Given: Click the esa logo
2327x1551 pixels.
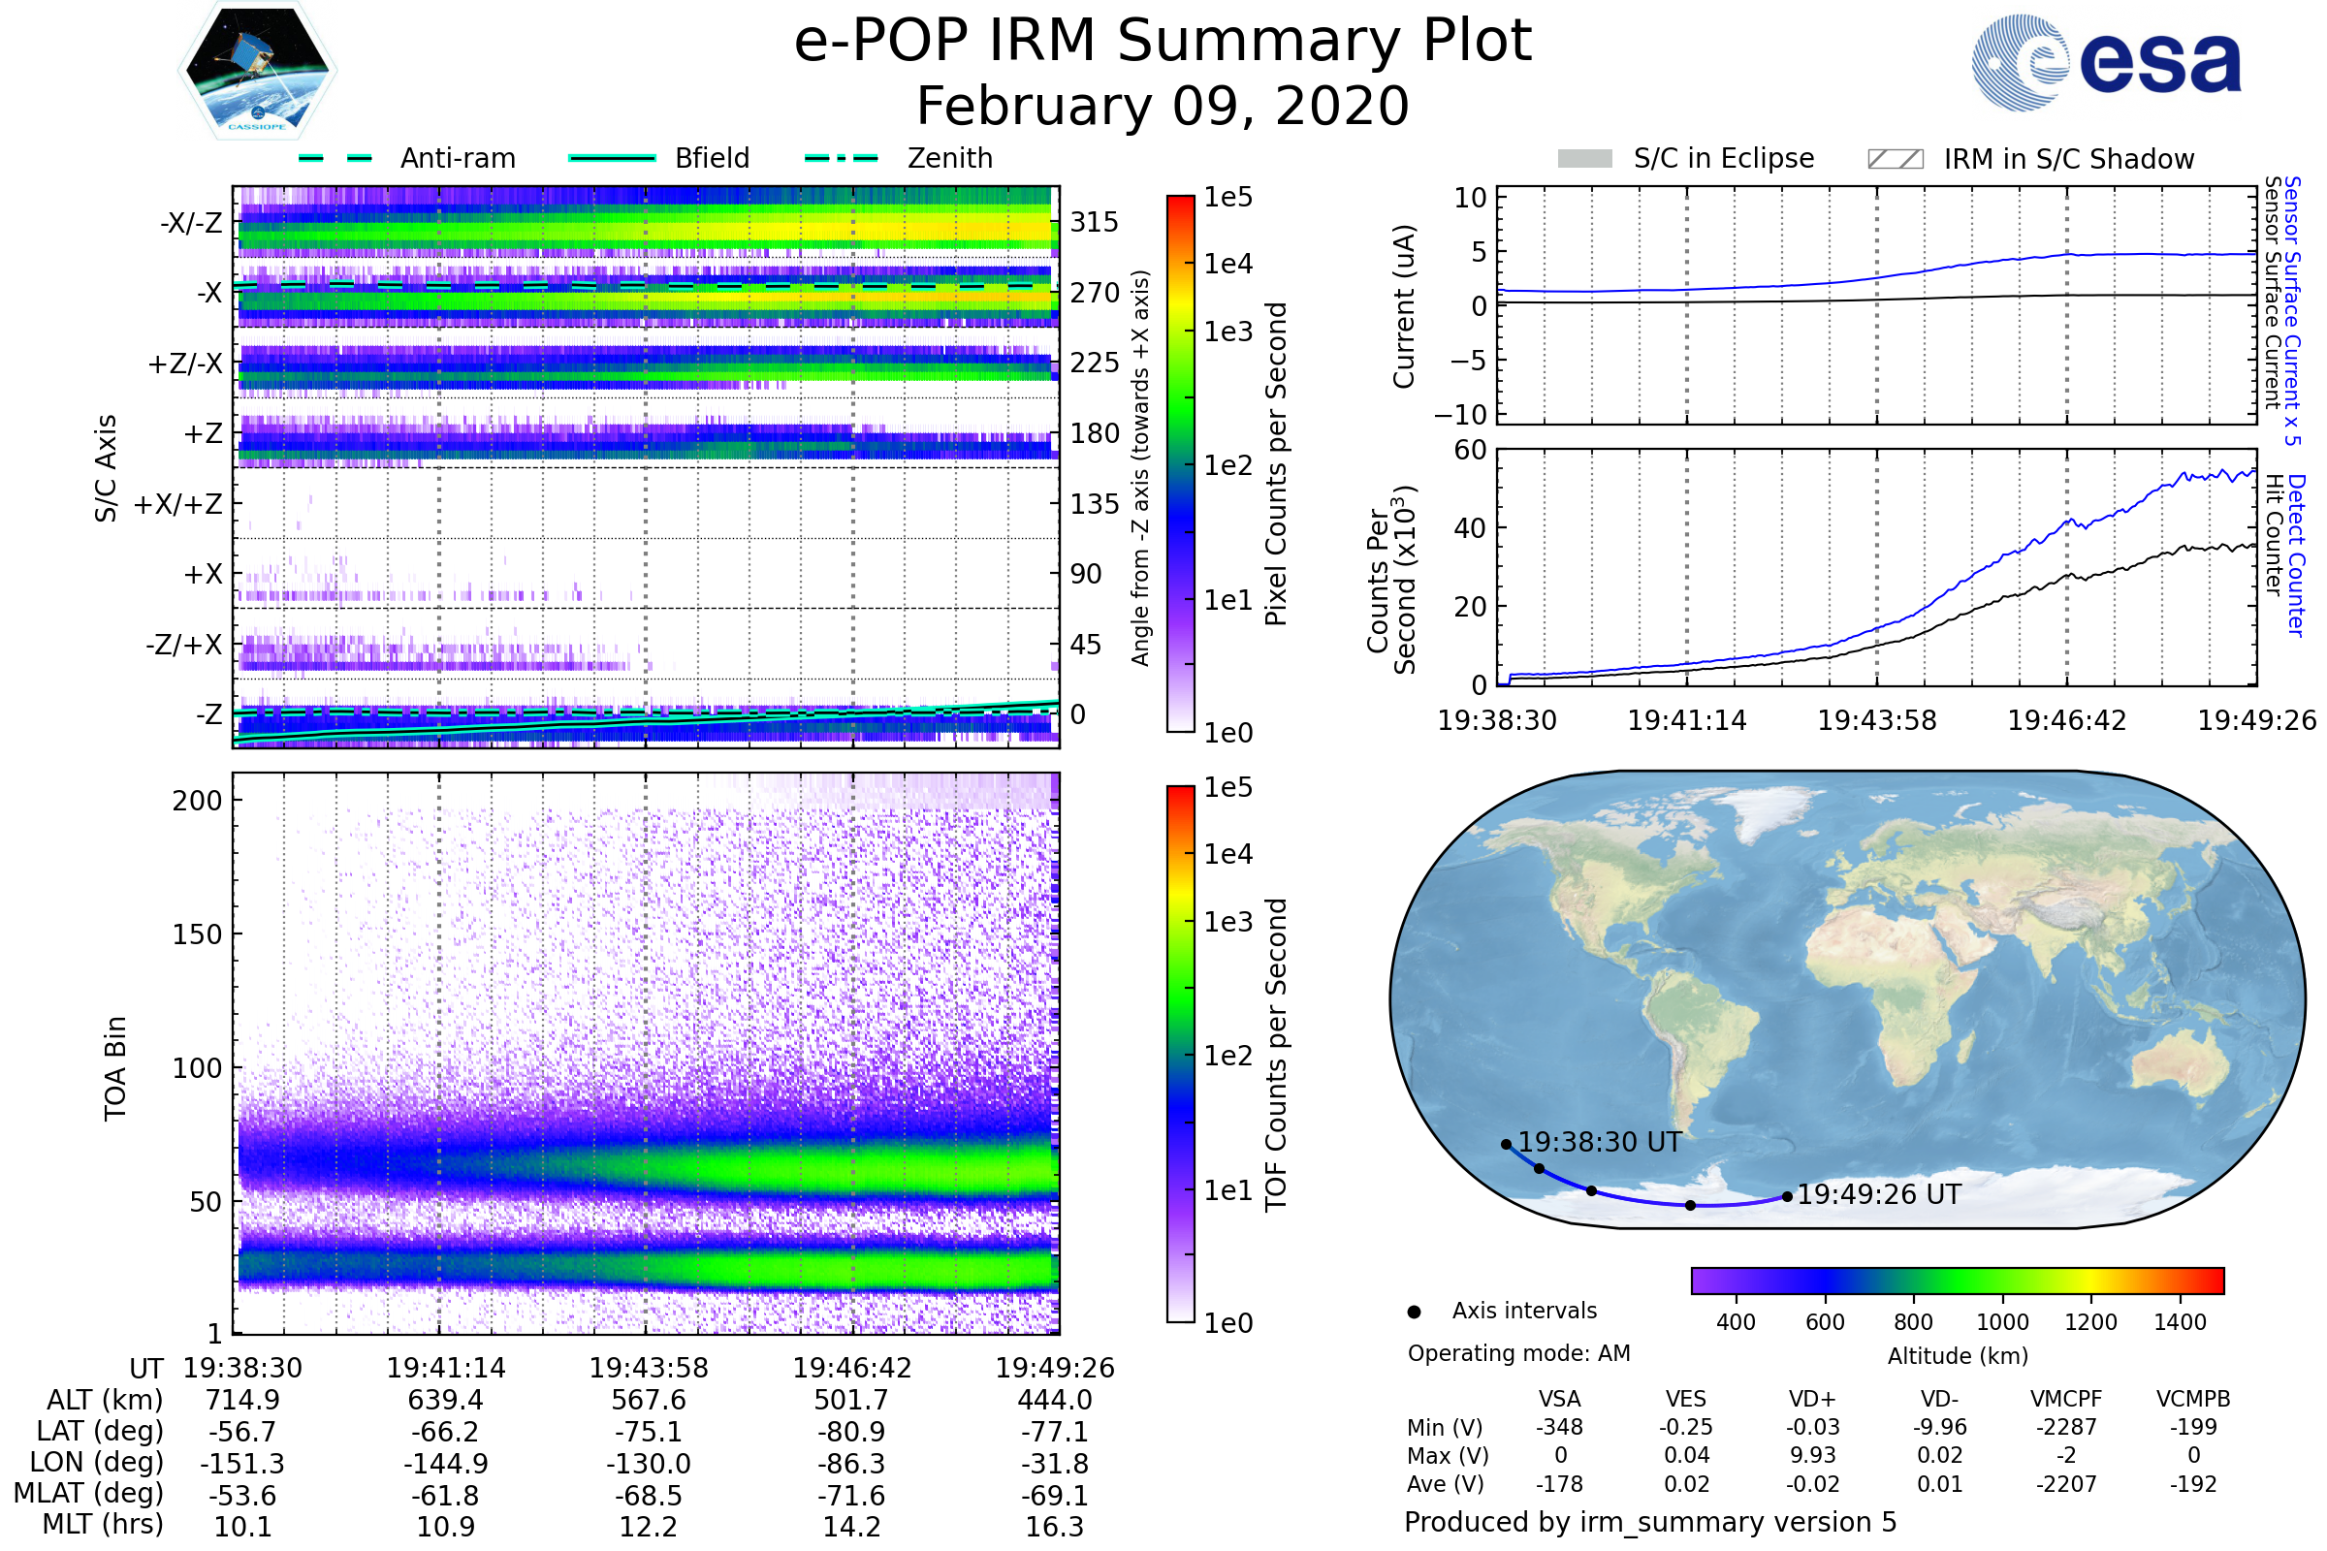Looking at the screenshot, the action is tap(2106, 62).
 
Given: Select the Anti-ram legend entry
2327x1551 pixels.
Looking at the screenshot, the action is tap(406, 158).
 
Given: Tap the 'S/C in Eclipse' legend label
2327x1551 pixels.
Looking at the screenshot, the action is tap(1724, 158).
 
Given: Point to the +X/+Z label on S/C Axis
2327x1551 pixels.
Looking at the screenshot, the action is tap(178, 504).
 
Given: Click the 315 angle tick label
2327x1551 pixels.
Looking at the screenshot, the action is tap(1095, 222).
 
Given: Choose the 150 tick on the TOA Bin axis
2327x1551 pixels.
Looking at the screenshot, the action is tap(197, 934).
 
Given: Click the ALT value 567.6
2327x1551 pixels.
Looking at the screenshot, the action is tap(648, 1401).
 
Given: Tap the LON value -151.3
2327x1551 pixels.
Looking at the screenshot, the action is tap(242, 1464).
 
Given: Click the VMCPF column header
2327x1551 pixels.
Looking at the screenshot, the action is tap(2066, 1400).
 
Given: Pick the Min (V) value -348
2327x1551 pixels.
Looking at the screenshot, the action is tap(1559, 1427).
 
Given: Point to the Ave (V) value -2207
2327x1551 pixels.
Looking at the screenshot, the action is tap(2066, 1485).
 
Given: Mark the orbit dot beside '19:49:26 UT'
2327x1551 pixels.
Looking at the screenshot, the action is tap(1787, 1197).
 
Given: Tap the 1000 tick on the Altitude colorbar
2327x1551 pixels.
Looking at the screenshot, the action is tap(2002, 1322).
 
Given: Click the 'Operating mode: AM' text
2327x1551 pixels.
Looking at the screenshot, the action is tap(1518, 1353).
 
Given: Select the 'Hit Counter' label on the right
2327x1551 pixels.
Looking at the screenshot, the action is tap(2274, 535).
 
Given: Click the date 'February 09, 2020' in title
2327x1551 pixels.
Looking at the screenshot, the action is tap(1163, 106).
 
